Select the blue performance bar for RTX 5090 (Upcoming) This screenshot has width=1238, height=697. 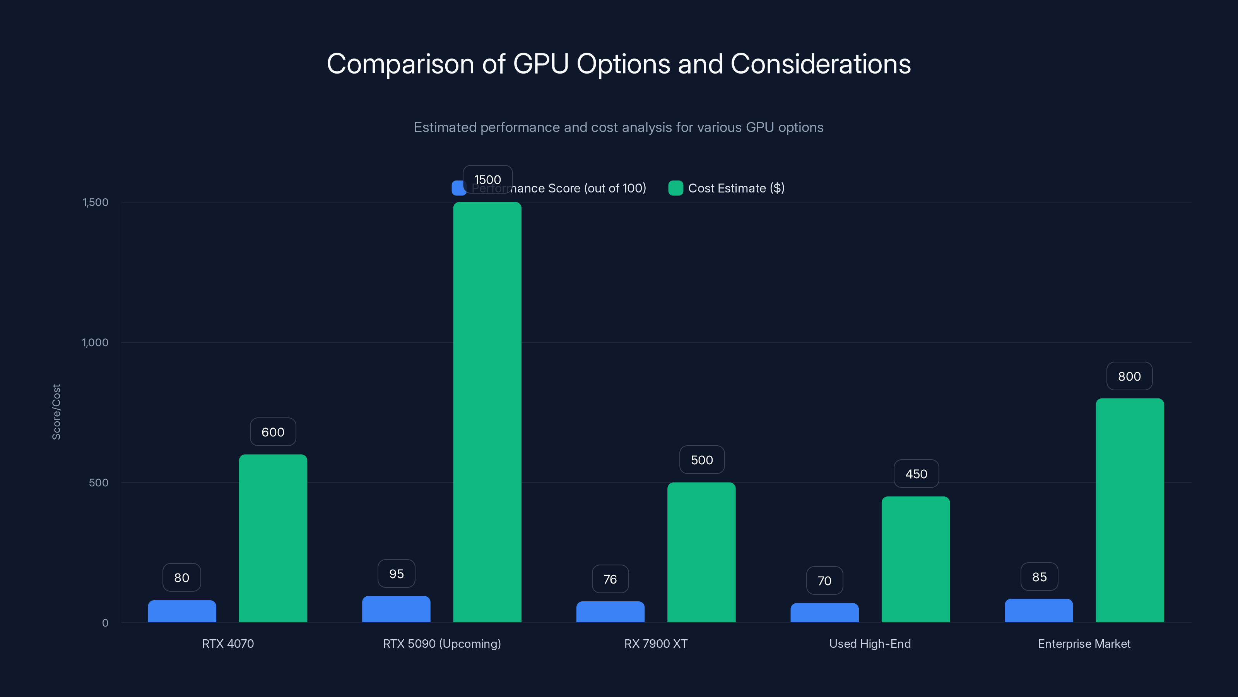396,609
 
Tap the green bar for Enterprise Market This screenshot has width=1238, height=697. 1129,510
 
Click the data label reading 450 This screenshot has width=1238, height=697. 916,474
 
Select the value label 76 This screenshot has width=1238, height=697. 610,579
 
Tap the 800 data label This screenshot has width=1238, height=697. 1129,376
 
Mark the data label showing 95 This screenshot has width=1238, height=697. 396,573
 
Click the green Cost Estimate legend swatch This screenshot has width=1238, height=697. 675,188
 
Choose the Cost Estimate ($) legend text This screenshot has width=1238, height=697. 736,188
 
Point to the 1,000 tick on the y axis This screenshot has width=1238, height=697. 95,342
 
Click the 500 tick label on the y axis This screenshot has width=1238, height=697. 99,482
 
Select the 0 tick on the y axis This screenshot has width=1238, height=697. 105,623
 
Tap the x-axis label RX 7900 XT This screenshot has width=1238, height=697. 655,644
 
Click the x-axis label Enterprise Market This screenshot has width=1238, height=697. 1084,644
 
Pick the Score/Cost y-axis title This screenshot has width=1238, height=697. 56,412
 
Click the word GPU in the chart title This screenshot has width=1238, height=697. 541,64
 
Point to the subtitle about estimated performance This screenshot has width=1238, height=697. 619,127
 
